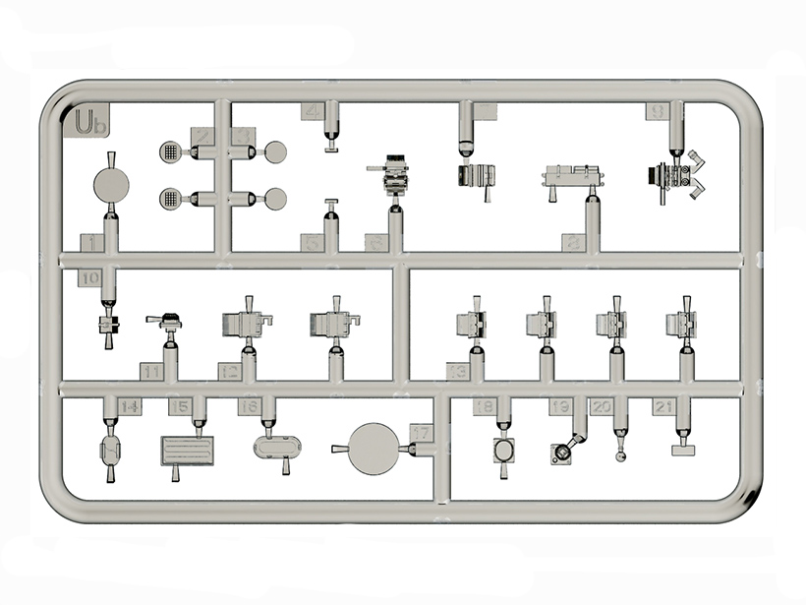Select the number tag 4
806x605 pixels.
pos(313,111)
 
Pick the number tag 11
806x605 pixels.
pos(151,372)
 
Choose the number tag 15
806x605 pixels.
pos(179,406)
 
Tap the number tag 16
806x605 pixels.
pos(249,406)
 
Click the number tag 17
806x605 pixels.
pos(420,433)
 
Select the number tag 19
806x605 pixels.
pos(561,406)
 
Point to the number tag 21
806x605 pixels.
pos(664,406)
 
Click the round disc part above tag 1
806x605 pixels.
pos(110,185)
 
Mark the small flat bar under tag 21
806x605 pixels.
pos(681,450)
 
